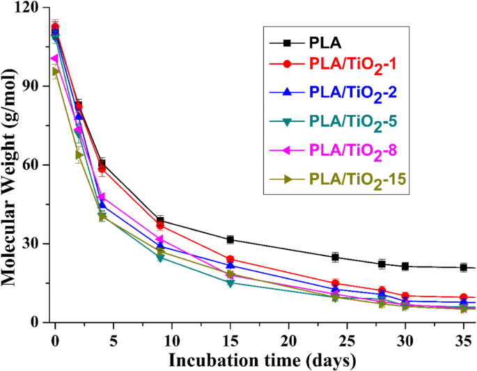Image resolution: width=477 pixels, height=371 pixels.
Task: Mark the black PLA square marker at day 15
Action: (230, 239)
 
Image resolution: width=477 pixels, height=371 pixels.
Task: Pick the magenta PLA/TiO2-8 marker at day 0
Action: (55, 58)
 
